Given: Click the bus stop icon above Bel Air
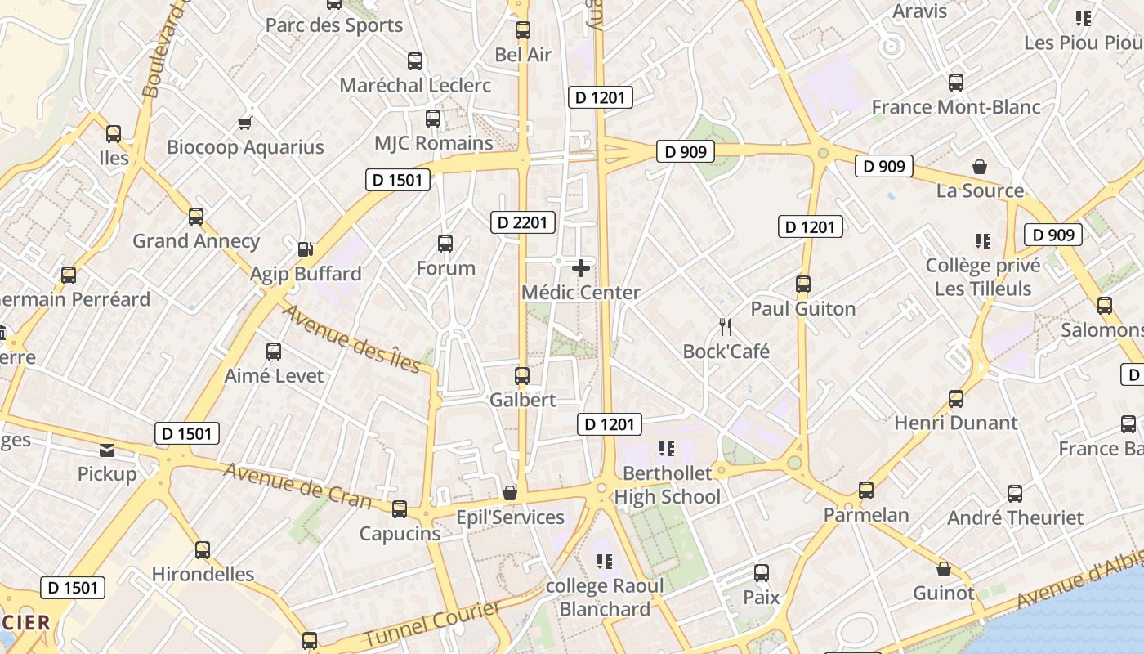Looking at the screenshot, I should coord(523,31).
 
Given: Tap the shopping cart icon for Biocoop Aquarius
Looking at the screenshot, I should coord(244,123).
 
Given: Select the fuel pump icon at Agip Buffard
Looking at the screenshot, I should coord(305,249).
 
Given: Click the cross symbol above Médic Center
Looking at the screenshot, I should coord(581,267).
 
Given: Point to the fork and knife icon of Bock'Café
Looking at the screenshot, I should coord(726,327).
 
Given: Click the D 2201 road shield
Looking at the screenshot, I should coord(523,222).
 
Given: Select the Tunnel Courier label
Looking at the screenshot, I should coord(431,624).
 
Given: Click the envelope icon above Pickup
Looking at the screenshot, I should coord(107,450).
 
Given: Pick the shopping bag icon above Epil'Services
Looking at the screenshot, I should coord(510,493).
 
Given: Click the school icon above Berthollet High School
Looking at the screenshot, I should coord(667,448).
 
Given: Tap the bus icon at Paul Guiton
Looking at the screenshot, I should coord(803,284).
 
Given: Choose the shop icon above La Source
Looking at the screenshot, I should coord(980,167).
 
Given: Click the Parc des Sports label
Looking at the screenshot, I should coord(334,25).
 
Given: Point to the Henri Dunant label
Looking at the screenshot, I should coord(956,423).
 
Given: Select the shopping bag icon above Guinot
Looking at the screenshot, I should coord(944,569).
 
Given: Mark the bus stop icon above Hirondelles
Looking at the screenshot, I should coord(203,549).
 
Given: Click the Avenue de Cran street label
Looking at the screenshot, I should coord(297,486).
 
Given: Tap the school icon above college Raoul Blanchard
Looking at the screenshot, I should coord(605,561).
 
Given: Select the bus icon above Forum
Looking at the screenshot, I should coord(445,244).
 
